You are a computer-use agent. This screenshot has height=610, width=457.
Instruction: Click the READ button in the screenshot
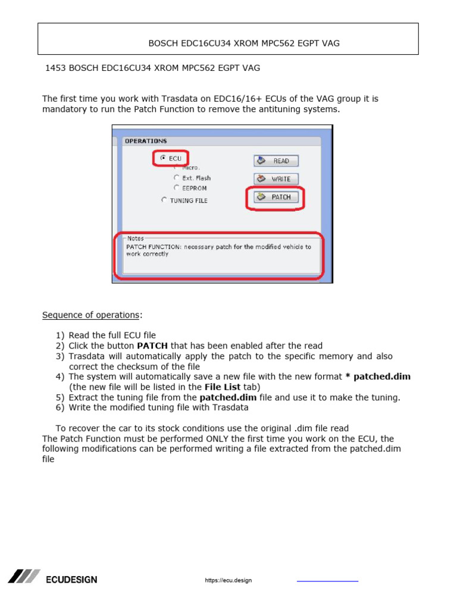point(276,161)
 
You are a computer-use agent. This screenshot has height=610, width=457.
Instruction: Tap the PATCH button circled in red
point(276,197)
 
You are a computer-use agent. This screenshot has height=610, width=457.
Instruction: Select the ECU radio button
point(164,158)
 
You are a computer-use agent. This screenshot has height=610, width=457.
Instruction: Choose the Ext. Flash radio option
point(176,178)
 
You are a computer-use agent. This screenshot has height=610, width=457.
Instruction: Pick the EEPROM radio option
point(176,188)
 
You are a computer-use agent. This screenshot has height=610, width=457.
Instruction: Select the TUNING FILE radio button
point(164,200)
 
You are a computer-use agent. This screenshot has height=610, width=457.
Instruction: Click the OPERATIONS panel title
point(145,141)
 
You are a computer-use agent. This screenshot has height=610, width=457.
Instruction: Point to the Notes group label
point(135,238)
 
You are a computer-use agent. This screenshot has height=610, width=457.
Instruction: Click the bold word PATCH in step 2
point(152,346)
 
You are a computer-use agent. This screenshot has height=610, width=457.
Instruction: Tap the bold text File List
point(223,387)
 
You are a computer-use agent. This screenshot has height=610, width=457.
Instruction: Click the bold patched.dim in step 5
point(227,397)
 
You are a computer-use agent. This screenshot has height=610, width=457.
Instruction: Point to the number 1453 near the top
point(55,68)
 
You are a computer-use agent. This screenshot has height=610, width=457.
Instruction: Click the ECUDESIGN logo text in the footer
point(71,580)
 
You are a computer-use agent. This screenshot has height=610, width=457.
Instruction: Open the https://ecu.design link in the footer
point(228,580)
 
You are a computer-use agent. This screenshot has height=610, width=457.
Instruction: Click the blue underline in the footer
point(327,581)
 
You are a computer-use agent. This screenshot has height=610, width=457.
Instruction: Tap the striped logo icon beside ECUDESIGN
point(24,576)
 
